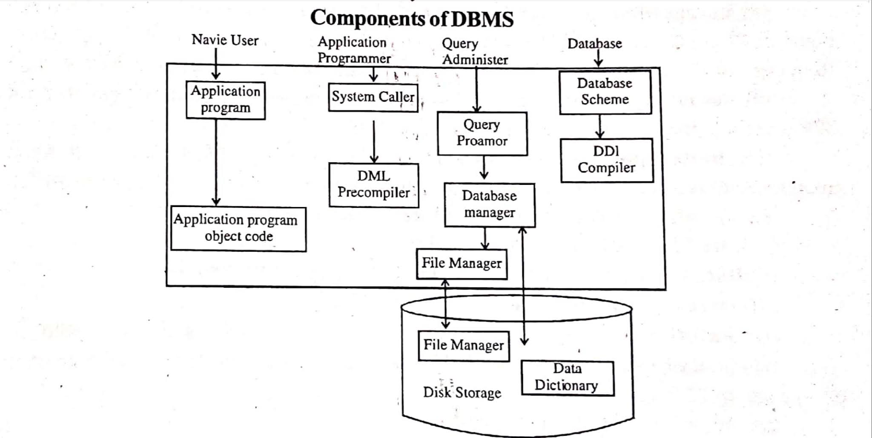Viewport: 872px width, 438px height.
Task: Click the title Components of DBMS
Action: tap(412, 19)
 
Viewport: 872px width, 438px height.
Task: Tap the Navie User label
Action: tap(225, 40)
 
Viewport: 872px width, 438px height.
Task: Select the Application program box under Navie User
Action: tap(226, 100)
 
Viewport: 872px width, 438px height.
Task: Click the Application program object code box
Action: tap(238, 229)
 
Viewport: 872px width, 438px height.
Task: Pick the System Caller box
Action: tap(373, 98)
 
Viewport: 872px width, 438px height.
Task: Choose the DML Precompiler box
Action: tap(374, 185)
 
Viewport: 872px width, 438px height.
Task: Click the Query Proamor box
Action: tap(482, 133)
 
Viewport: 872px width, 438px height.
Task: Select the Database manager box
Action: tap(490, 205)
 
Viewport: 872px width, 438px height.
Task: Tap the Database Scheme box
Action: tap(605, 92)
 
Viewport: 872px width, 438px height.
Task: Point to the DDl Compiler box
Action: tap(607, 160)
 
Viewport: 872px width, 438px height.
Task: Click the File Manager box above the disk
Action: tap(462, 264)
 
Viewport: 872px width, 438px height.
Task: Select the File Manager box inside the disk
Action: tap(464, 346)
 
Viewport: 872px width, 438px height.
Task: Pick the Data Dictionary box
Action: tap(567, 378)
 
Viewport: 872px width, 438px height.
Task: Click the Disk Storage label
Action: tap(462, 392)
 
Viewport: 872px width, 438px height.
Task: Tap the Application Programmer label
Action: tap(353, 50)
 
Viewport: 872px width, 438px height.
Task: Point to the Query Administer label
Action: tap(474, 52)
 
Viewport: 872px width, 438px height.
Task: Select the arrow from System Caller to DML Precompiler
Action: tap(374, 141)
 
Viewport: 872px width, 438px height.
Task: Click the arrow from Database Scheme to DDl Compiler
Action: tap(600, 126)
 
